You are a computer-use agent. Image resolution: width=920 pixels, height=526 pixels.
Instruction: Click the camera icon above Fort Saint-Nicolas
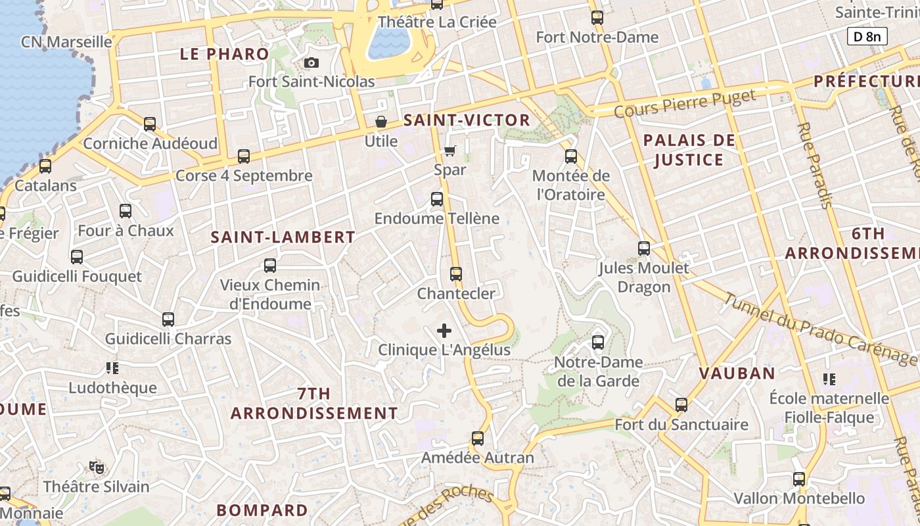(x=311, y=63)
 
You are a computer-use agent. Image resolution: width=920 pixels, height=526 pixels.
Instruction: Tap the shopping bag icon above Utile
(x=380, y=122)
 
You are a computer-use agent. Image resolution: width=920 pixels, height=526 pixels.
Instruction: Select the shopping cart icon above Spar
(x=450, y=151)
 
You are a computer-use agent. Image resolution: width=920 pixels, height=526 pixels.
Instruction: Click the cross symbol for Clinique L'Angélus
(x=444, y=331)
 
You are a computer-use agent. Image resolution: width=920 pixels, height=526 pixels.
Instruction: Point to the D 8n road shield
(x=867, y=36)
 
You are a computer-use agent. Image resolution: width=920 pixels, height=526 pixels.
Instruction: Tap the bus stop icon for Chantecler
(x=456, y=274)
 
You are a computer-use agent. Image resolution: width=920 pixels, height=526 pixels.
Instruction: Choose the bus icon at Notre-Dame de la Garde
(x=598, y=343)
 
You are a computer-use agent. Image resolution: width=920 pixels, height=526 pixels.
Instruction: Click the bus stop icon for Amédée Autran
(x=478, y=439)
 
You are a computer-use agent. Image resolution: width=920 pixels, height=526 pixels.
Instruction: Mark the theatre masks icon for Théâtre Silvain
(x=97, y=467)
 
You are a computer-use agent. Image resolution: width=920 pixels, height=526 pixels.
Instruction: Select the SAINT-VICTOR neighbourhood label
(x=467, y=120)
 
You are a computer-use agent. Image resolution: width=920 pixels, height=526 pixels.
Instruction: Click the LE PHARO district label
(x=225, y=55)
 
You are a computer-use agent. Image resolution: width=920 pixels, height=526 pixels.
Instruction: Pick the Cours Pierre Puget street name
(x=684, y=104)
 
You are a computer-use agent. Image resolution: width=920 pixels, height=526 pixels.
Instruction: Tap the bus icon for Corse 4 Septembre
(x=244, y=156)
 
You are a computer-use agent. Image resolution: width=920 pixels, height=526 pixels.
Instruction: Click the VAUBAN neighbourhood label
(x=737, y=373)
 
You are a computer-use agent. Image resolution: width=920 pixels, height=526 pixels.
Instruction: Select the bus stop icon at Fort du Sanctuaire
(x=681, y=405)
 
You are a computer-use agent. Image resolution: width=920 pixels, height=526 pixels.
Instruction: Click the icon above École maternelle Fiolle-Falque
(x=829, y=379)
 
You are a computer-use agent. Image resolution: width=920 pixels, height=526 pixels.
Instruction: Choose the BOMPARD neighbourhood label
(x=262, y=510)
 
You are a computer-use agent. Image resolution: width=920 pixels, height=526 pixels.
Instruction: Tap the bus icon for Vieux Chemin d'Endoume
(x=270, y=266)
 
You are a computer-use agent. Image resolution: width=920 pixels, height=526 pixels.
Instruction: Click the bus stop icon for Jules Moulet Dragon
(x=644, y=249)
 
